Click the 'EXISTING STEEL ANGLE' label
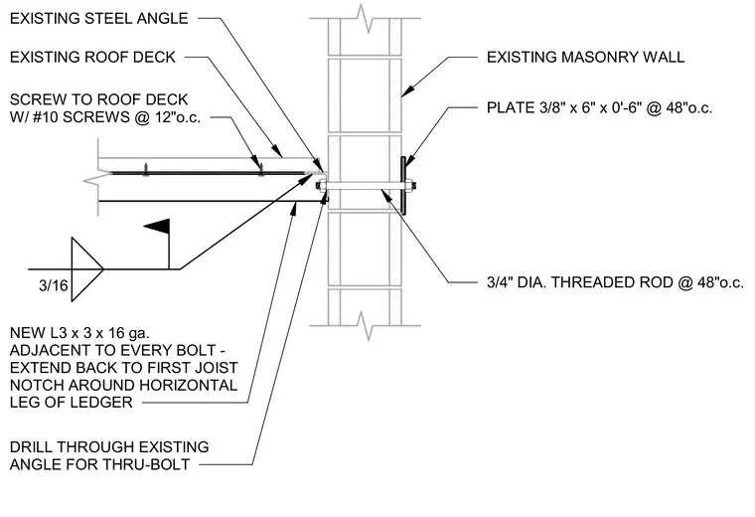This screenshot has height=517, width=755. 98,18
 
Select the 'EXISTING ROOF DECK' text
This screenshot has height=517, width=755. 92,57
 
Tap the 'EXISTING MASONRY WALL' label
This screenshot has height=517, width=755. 585,57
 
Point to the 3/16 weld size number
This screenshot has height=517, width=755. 54,285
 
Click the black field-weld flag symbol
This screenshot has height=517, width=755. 157,226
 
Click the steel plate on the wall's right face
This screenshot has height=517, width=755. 403,186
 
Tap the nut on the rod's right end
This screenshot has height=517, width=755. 409,186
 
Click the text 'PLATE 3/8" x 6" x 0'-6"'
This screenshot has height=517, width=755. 564,107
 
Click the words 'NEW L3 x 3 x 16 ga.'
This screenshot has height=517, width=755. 79,333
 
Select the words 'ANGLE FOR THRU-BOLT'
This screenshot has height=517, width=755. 99,464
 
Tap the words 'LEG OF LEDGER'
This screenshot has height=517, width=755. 72,402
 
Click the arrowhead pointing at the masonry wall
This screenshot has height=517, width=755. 408,90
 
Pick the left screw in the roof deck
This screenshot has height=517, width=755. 145,169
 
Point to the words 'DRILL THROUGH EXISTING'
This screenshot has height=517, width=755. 109,446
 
